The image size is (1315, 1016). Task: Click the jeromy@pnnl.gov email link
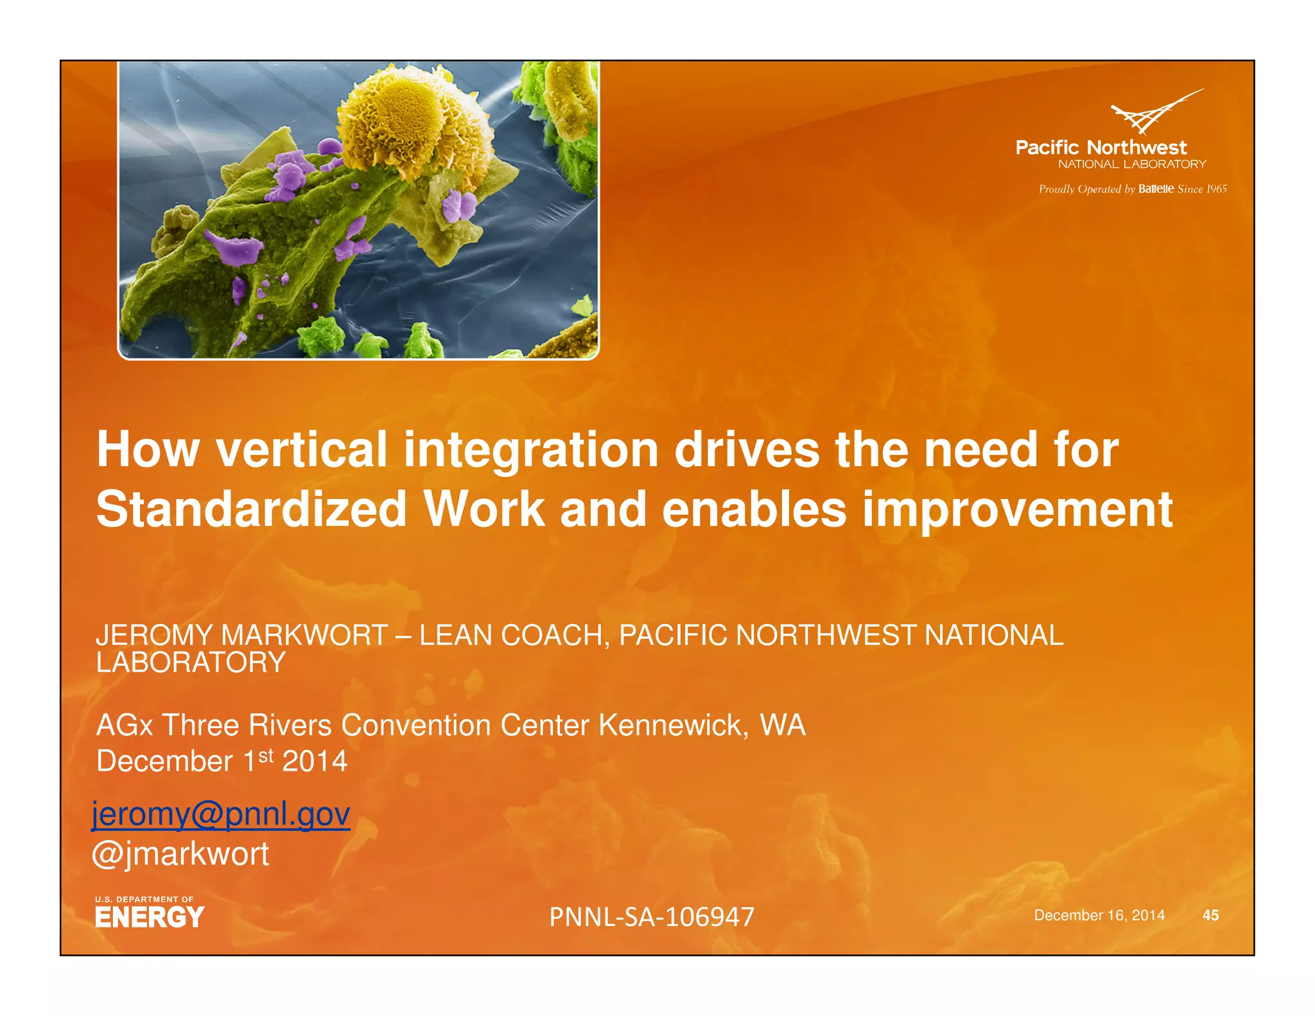coord(221,814)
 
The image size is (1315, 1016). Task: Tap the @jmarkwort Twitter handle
coord(180,854)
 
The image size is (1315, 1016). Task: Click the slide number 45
coord(1210,915)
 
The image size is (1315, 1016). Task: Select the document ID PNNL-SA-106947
coord(651,916)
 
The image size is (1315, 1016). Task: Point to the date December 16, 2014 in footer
coord(1099,915)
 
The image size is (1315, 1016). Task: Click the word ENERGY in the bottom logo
coord(150,917)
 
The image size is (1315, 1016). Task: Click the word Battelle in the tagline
coord(1156,189)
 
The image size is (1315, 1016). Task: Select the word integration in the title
coord(530,450)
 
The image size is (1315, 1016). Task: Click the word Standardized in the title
coord(251,509)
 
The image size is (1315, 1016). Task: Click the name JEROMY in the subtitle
coord(153,635)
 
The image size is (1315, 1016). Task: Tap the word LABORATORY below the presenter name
coord(191,663)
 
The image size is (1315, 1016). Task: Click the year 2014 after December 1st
coord(315,762)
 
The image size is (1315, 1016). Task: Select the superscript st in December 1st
coord(266,755)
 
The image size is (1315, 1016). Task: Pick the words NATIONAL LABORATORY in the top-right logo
coord(1131,164)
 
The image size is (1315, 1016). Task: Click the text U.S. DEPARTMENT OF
coord(144,899)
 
